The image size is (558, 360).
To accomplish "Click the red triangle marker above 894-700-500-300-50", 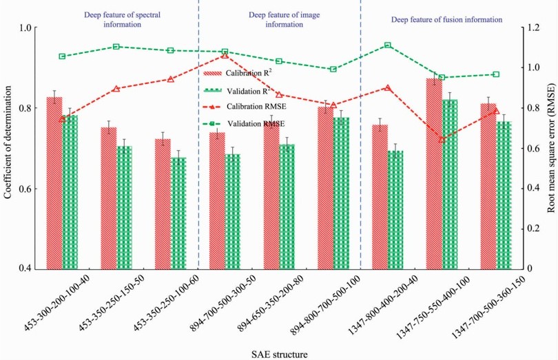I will (x=225, y=54).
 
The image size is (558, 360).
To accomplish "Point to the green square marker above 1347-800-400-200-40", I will (x=388, y=45).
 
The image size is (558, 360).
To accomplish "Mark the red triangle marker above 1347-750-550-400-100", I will (x=442, y=139).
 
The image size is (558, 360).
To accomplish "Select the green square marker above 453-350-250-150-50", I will (x=116, y=47).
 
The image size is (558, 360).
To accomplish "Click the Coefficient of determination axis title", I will (x=8, y=148).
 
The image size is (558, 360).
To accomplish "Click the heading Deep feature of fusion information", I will (x=446, y=20).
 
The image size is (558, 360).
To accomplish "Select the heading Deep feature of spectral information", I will (x=113, y=19).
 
